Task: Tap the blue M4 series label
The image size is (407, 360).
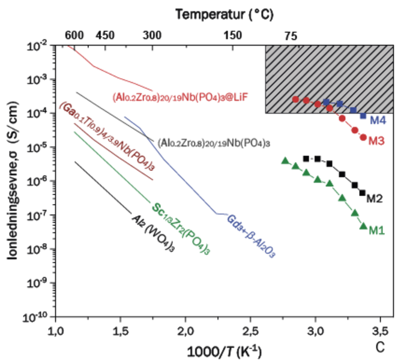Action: (x=378, y=122)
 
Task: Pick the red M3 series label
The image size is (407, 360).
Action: (x=376, y=142)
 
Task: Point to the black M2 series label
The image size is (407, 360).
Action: (x=375, y=197)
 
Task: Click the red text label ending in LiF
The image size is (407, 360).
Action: (x=181, y=96)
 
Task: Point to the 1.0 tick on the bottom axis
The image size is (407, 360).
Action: (x=56, y=329)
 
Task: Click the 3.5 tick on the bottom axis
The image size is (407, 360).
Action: (x=381, y=329)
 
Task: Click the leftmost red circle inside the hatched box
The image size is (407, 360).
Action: (x=295, y=99)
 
